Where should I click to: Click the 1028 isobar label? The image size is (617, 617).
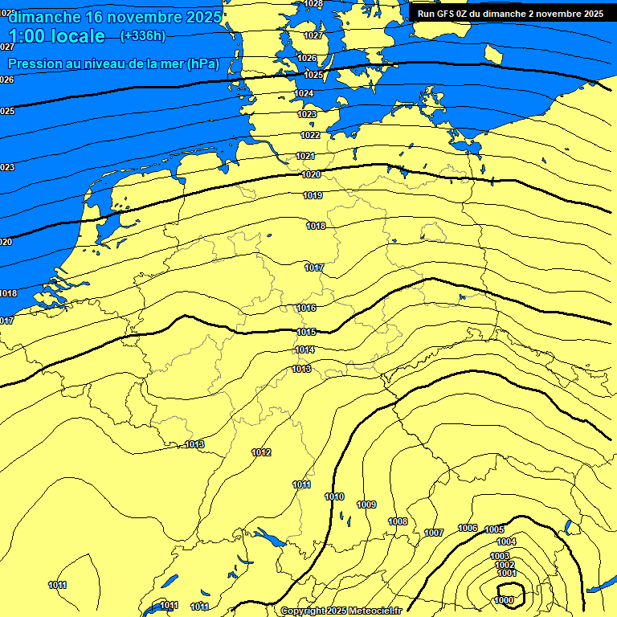pyautogui.click(x=313, y=4)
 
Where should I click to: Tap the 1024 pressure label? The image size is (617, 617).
pyautogui.click(x=304, y=94)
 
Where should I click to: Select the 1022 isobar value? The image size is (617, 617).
pyautogui.click(x=310, y=135)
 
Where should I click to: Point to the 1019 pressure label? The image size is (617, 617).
pyautogui.click(x=313, y=196)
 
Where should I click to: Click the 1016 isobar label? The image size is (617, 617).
pyautogui.click(x=306, y=308)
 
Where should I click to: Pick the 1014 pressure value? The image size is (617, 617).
pyautogui.click(x=304, y=349)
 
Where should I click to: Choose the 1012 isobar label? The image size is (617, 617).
pyautogui.click(x=261, y=453)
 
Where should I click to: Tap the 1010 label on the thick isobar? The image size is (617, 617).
pyautogui.click(x=334, y=496)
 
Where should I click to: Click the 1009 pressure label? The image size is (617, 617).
pyautogui.click(x=366, y=505)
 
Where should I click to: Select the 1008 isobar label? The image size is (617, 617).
pyautogui.click(x=398, y=521)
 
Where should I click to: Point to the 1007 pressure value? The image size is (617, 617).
pyautogui.click(x=434, y=533)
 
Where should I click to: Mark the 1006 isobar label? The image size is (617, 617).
pyautogui.click(x=468, y=528)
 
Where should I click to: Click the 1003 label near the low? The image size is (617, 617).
pyautogui.click(x=500, y=556)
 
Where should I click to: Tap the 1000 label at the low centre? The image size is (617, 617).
pyautogui.click(x=505, y=600)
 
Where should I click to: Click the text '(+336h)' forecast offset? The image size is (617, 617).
pyautogui.click(x=142, y=36)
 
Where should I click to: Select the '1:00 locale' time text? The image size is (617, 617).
pyautogui.click(x=56, y=36)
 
